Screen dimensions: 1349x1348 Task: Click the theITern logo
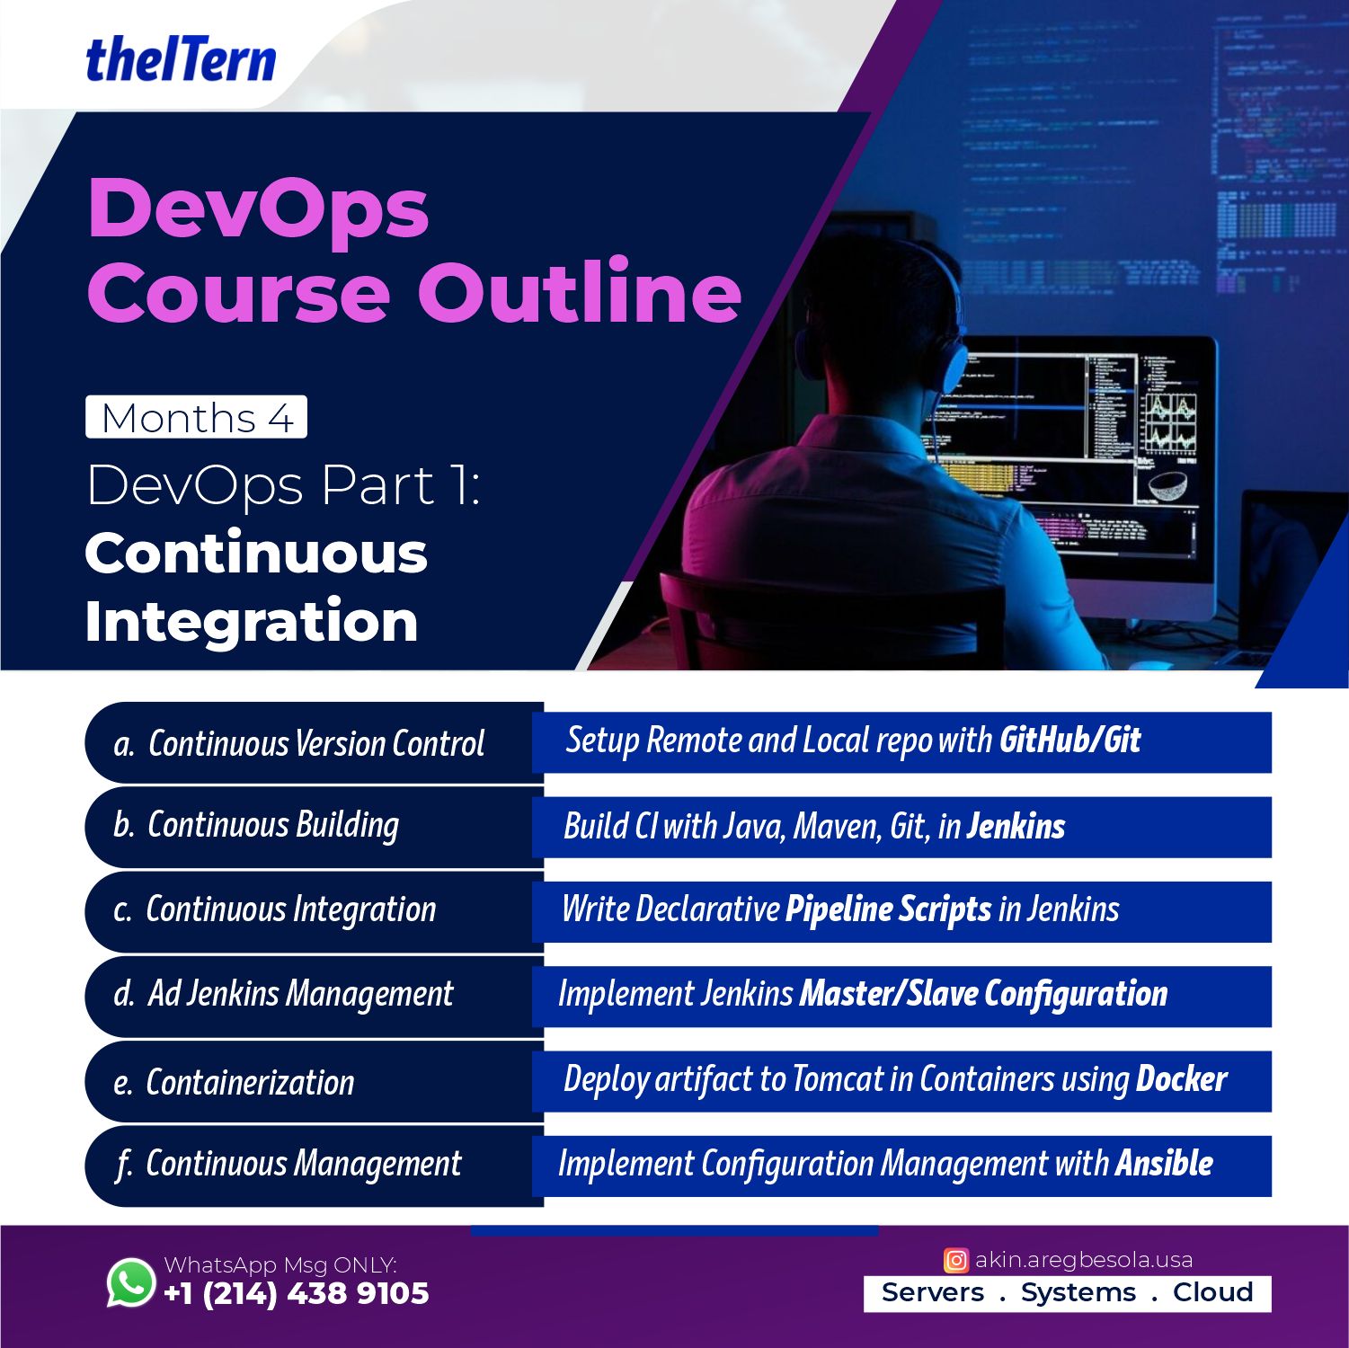tap(181, 59)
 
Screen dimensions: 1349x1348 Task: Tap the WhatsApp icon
tap(131, 1282)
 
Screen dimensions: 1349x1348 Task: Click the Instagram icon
tap(956, 1260)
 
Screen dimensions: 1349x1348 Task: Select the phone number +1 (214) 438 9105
tap(297, 1293)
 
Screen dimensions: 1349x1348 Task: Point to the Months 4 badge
tap(196, 417)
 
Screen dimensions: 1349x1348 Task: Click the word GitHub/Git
tap(1069, 741)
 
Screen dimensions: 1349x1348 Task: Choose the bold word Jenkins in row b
tap(1016, 826)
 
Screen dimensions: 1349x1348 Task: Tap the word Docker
tap(1182, 1079)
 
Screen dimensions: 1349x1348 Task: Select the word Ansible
tap(1164, 1164)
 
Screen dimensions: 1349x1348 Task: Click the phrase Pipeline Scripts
tap(889, 909)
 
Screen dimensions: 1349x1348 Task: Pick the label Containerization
tap(250, 1083)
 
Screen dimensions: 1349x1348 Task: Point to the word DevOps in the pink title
tap(259, 208)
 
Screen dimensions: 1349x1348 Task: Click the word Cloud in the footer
tap(1212, 1292)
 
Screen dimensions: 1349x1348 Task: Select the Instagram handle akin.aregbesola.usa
tap(1084, 1260)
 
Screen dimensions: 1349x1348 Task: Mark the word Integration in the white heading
tap(252, 623)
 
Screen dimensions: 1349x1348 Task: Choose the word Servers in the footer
tap(933, 1292)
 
